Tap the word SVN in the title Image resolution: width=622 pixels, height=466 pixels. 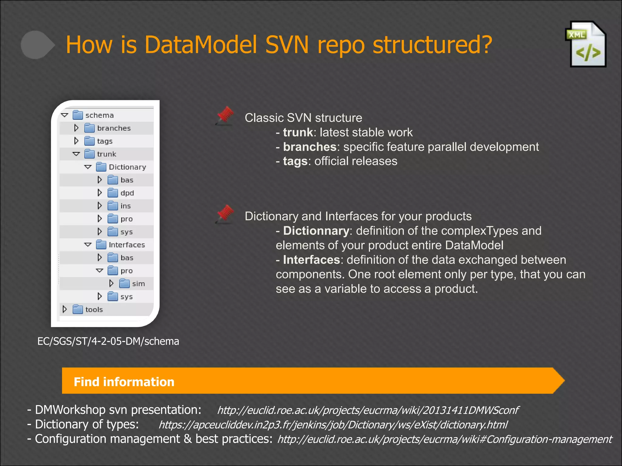[287, 45]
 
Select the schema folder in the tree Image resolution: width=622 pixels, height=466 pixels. [99, 115]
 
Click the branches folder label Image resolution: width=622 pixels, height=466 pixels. [114, 128]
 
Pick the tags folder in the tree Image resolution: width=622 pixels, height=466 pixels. [104, 141]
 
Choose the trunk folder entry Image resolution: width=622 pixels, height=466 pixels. [106, 154]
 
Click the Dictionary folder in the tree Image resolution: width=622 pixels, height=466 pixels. [127, 167]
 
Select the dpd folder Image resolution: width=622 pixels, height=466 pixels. [127, 193]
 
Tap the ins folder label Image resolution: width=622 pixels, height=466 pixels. [125, 206]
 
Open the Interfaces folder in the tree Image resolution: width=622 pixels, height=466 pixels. [127, 245]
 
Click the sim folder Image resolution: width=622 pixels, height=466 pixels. [138, 284]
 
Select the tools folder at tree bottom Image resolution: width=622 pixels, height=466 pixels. [94, 309]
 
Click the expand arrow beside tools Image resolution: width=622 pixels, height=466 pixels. [65, 309]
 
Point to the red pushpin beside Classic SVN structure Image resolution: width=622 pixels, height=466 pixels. [225, 116]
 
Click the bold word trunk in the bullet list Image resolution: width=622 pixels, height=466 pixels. [298, 133]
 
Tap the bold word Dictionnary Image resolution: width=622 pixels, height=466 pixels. [316, 231]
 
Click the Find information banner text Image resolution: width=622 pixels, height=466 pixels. [124, 382]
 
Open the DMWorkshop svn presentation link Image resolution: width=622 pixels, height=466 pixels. [368, 410]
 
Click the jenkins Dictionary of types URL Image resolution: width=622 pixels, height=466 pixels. [333, 425]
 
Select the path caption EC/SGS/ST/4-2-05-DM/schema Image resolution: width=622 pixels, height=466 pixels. [108, 341]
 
